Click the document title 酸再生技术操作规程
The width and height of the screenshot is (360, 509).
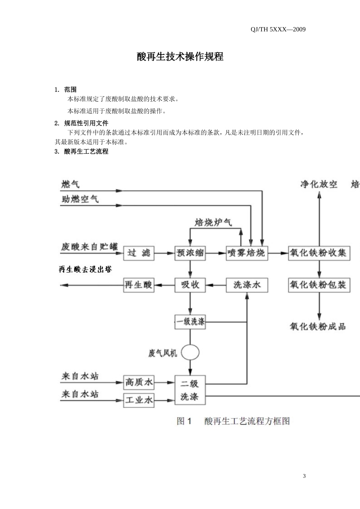pos(180,57)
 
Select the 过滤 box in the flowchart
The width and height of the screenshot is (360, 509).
pos(139,253)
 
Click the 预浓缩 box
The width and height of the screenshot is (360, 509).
pos(190,253)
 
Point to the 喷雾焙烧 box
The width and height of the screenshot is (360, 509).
pos(247,253)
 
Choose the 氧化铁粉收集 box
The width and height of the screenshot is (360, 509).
pos(319,253)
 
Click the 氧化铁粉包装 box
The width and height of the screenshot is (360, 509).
pos(319,285)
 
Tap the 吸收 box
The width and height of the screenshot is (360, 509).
pos(190,285)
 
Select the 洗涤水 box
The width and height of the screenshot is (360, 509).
pos(247,285)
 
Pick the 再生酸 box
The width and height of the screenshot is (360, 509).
pos(139,285)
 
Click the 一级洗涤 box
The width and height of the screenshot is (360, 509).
pos(190,322)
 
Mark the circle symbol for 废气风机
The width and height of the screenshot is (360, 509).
pos(190,353)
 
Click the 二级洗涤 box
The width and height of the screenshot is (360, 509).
pos(190,390)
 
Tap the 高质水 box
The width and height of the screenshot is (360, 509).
pos(139,382)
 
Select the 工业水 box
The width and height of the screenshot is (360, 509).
pos(139,400)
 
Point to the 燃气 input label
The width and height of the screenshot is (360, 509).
pos(71,184)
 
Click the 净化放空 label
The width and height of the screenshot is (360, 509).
pos(319,184)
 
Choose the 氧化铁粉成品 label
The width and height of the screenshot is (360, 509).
pos(318,326)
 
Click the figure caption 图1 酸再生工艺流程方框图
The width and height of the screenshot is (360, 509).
pos(233,421)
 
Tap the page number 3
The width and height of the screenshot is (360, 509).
pos(304,476)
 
